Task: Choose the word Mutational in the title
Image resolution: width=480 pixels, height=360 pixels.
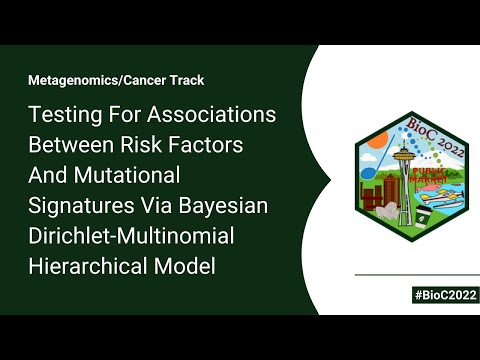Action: (x=134, y=176)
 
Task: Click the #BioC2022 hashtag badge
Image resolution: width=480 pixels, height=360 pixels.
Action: (x=443, y=295)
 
